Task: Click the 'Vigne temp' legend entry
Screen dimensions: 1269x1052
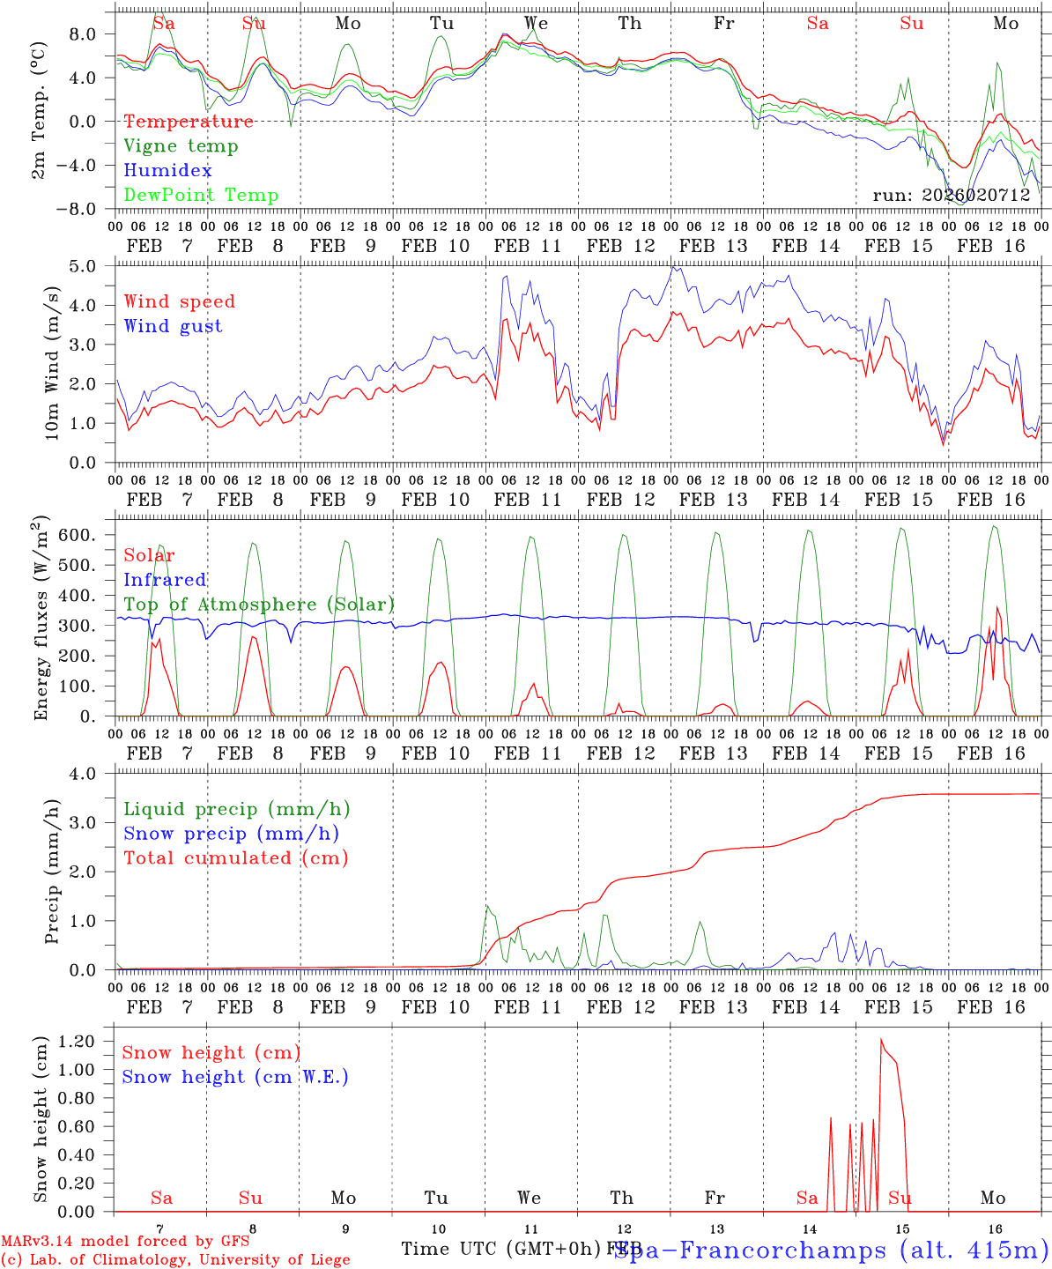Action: [181, 146]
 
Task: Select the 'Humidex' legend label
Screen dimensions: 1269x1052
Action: [167, 171]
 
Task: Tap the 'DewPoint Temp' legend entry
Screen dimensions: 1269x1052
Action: [201, 196]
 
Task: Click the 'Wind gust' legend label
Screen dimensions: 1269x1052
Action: [173, 326]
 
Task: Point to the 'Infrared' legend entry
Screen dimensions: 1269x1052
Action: [165, 580]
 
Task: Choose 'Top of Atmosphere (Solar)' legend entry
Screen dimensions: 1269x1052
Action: [259, 605]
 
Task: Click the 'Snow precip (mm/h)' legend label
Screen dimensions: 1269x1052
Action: [231, 834]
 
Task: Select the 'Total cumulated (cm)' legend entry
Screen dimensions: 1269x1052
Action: [235, 858]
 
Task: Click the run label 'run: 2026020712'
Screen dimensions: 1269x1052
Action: [952, 196]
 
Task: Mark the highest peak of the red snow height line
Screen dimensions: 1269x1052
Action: [881, 1039]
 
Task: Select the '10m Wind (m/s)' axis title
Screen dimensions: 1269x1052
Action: [53, 362]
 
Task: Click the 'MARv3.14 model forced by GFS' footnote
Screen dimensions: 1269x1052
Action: [125, 1242]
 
